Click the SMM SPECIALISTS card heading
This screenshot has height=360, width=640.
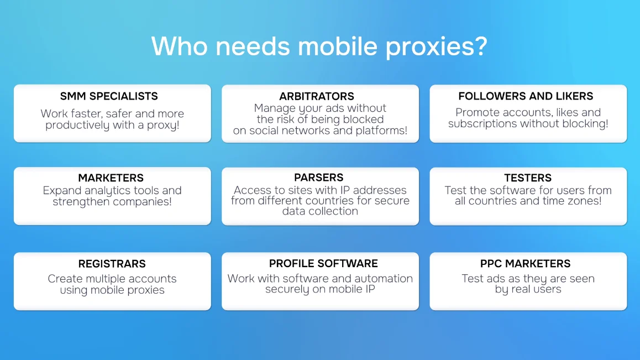click(x=109, y=96)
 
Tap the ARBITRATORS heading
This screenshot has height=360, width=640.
click(x=317, y=96)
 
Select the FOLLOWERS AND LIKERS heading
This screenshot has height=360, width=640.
click(x=526, y=96)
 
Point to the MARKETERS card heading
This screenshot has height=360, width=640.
click(x=111, y=178)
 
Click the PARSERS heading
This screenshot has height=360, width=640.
click(x=319, y=178)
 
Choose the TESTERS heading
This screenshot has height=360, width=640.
click(x=528, y=178)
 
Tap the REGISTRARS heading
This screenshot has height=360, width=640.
click(x=112, y=264)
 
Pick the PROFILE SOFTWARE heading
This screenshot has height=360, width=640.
click(x=323, y=263)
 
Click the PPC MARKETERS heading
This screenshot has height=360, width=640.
click(x=525, y=264)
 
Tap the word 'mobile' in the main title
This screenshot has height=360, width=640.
click(x=338, y=45)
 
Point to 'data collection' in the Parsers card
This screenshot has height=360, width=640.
click(x=320, y=211)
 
